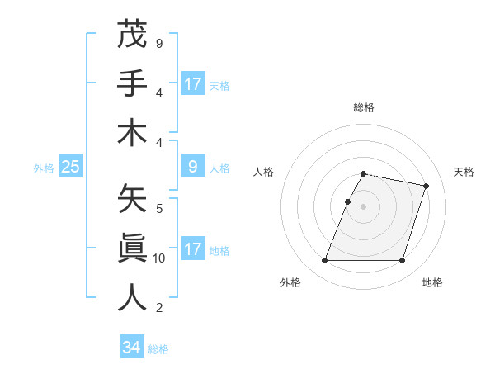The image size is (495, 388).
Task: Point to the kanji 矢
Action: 132,199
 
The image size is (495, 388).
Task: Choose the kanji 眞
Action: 132,248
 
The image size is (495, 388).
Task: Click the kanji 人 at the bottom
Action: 132,298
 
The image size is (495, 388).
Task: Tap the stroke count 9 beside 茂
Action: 158,43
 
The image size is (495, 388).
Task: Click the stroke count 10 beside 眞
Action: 159,258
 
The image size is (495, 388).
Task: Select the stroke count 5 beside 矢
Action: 158,208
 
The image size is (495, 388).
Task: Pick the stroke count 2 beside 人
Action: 158,308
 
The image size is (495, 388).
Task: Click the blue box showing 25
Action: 70,167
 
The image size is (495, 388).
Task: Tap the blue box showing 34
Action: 131,348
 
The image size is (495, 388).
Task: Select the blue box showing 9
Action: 193,167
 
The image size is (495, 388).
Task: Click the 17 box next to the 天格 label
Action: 193,83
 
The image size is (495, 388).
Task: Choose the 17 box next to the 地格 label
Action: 193,249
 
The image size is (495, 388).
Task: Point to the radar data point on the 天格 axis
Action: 426,186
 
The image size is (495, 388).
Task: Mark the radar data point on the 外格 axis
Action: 325,260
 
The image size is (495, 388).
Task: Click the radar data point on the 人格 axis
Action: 348,201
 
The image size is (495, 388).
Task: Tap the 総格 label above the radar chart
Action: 364,107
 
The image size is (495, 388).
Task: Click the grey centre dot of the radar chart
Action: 364,206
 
